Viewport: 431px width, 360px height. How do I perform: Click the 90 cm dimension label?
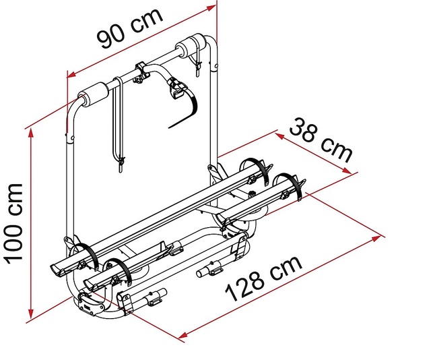point(130,28)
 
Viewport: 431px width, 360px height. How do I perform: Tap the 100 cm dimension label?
point(14,223)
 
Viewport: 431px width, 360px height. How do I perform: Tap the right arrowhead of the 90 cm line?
point(211,7)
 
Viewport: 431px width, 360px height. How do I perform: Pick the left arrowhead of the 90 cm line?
point(73,73)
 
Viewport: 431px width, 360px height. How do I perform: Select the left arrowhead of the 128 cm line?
point(183,335)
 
